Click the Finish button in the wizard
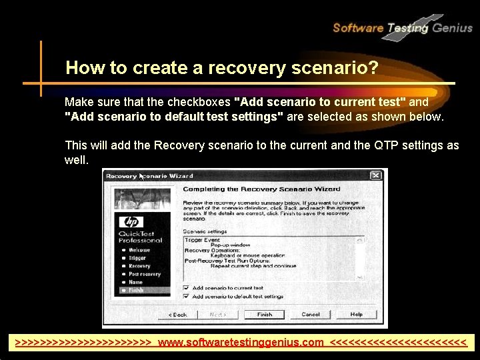click(x=265, y=314)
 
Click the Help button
click(x=357, y=314)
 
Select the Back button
click(x=178, y=314)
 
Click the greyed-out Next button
click(x=218, y=314)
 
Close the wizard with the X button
click(x=376, y=175)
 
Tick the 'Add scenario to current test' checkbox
click(x=185, y=288)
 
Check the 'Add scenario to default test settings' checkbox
click(x=185, y=297)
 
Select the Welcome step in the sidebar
click(x=139, y=250)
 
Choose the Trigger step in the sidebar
click(x=137, y=258)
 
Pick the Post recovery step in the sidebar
click(x=144, y=274)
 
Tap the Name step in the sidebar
click(x=135, y=282)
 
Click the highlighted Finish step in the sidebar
click(x=136, y=290)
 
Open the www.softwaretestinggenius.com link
click(x=241, y=343)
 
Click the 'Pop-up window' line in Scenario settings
click(x=228, y=244)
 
